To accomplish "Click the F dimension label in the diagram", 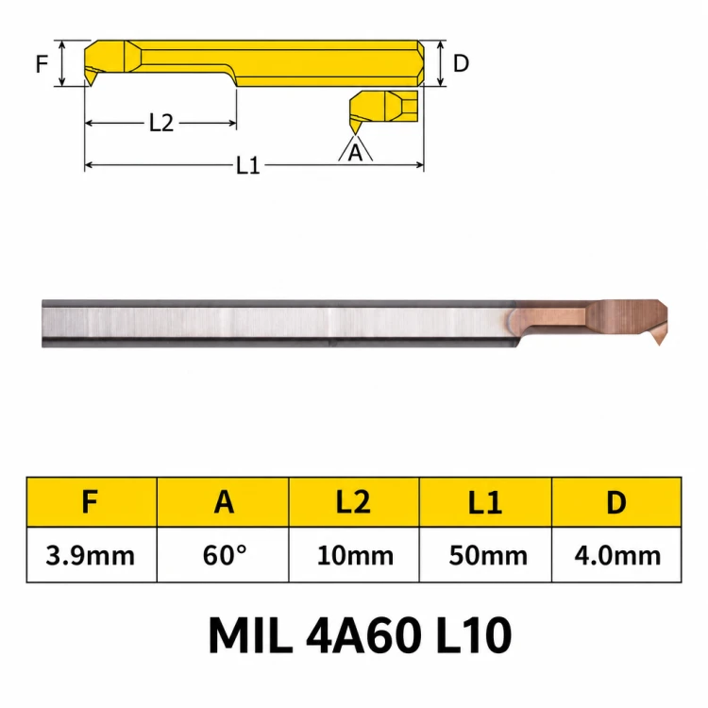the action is (42, 63).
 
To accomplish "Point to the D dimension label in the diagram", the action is (461, 63).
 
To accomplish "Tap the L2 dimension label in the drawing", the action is (161, 123).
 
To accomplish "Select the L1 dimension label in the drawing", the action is (248, 166).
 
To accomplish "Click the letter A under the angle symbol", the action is (355, 153).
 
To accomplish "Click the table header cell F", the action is (92, 501).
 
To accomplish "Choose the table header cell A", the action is (223, 501).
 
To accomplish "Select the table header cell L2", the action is (354, 501).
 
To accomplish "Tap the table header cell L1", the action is (485, 501).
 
